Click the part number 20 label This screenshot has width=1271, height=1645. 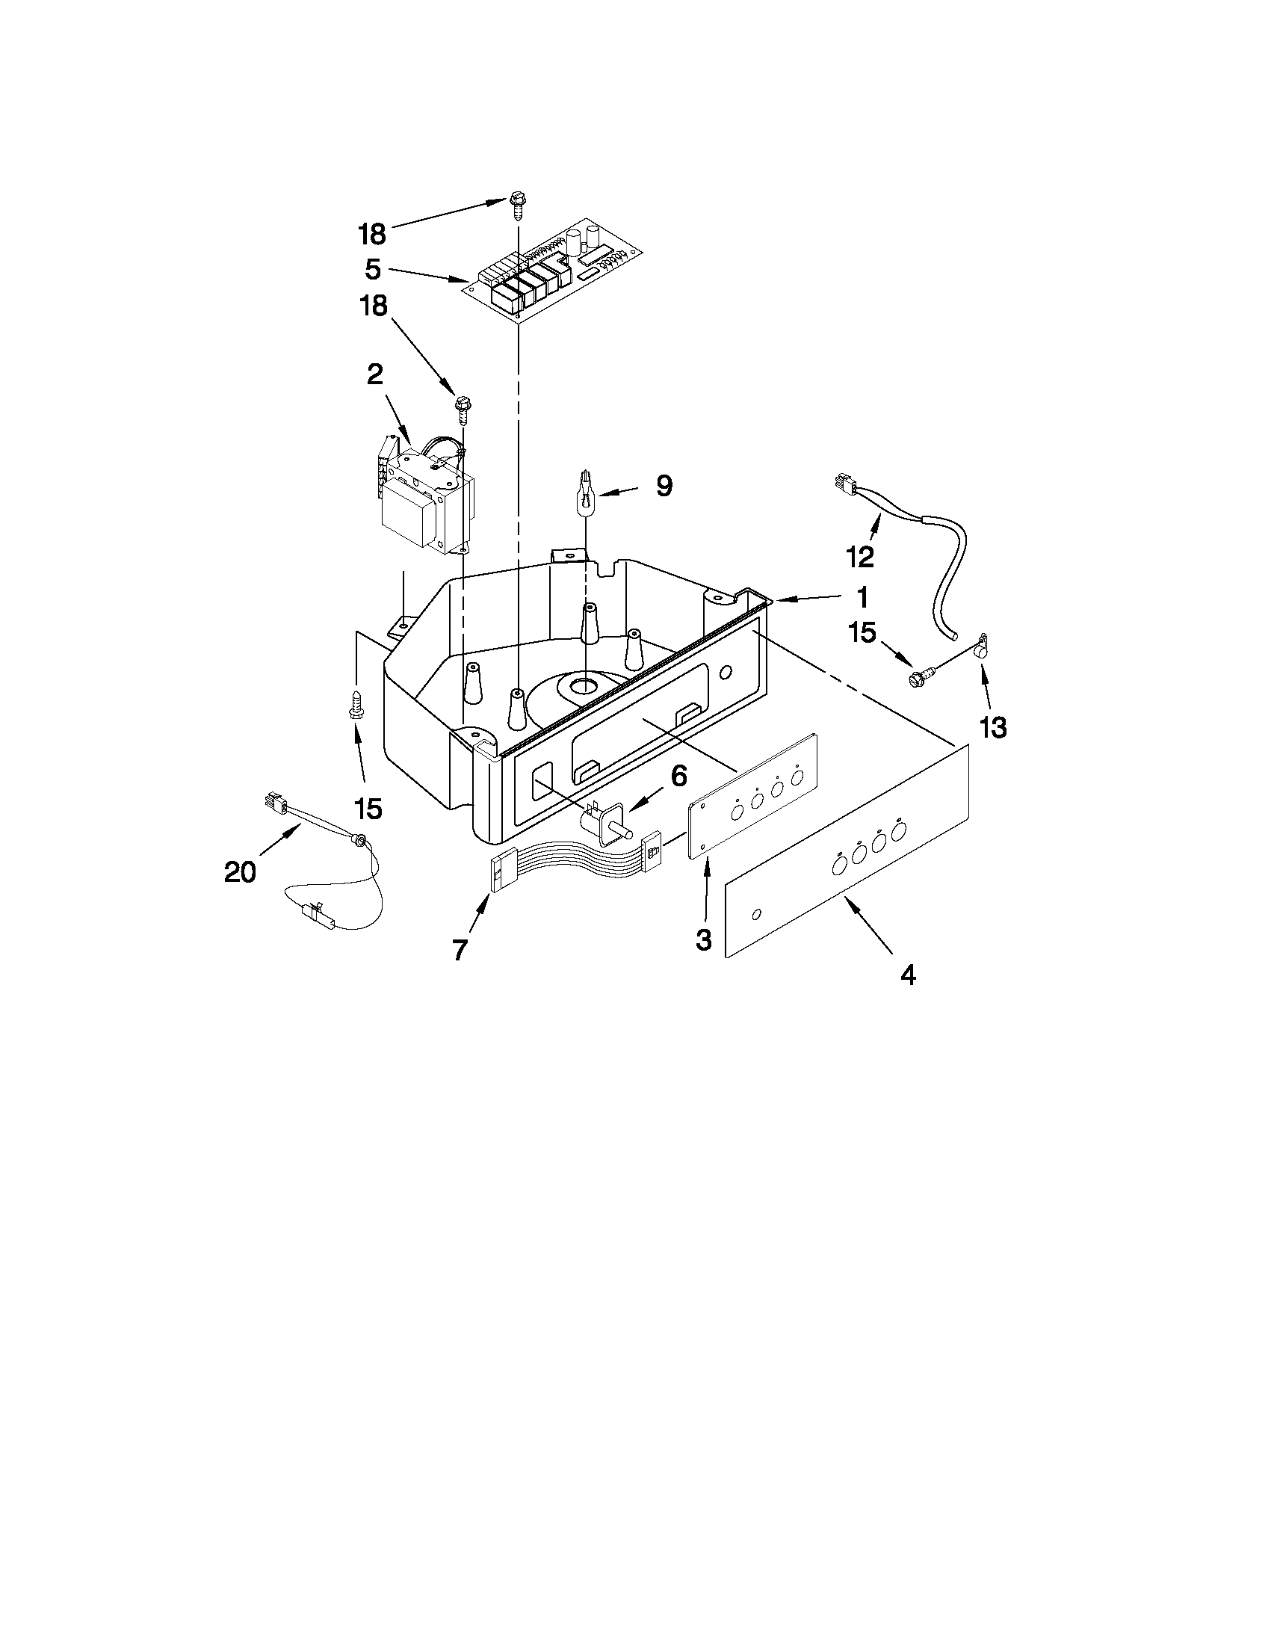coord(240,871)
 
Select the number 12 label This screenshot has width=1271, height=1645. coord(860,557)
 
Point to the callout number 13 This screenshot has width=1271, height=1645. coord(993,727)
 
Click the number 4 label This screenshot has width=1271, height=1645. coord(908,975)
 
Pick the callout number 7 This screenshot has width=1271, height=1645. coord(460,950)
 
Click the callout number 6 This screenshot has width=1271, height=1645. coord(678,775)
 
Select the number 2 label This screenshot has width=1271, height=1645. coord(375,374)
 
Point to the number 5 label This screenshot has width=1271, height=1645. coord(373,270)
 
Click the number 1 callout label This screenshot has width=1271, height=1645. coord(862,597)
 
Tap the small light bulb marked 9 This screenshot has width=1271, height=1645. coord(585,492)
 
